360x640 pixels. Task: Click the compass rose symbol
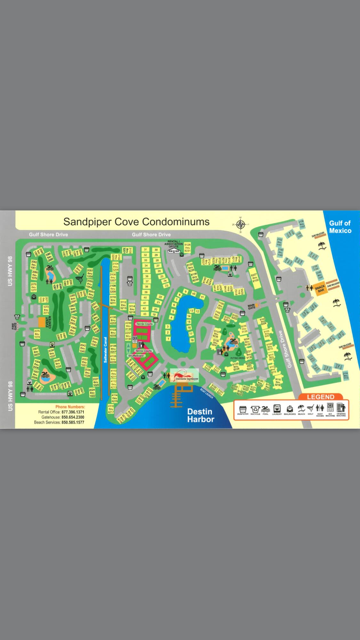pos(241,224)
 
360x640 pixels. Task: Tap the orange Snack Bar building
pos(320,288)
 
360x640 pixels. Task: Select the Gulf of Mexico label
pos(340,227)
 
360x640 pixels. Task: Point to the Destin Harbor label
pos(201,415)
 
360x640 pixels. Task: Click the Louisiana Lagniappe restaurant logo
pos(185,375)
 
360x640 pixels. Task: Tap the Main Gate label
pos(252,307)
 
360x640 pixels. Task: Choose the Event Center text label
pos(49,322)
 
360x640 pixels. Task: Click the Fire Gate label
pos(14,326)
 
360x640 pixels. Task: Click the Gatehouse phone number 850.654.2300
pos(73,417)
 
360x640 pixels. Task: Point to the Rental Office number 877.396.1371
pos(73,412)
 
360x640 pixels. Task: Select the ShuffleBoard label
pos(136,356)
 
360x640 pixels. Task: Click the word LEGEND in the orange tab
pos(320,397)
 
